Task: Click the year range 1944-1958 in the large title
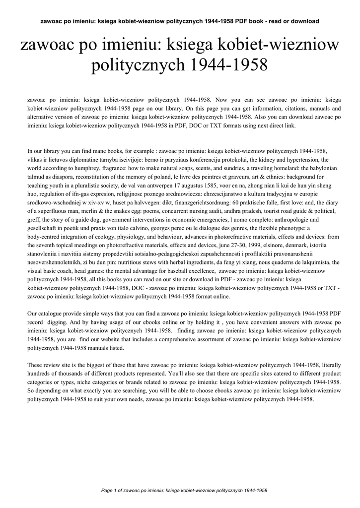pos(228,65)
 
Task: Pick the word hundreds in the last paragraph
pos(40,373)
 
